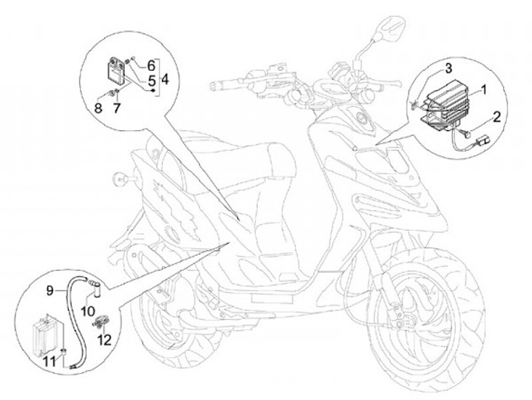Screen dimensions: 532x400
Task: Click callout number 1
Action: pyautogui.click(x=483, y=90)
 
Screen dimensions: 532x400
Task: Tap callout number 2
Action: pyautogui.click(x=497, y=118)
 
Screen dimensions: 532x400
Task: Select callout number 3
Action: pyautogui.click(x=449, y=68)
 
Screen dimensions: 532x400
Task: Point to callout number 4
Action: pyautogui.click(x=165, y=80)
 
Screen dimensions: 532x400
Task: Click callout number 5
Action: pyautogui.click(x=151, y=81)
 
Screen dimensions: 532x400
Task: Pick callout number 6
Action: pyautogui.click(x=151, y=65)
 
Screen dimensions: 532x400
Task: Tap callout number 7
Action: pyautogui.click(x=117, y=109)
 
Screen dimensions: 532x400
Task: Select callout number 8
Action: pyautogui.click(x=98, y=109)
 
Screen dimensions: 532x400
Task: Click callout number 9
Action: pyautogui.click(x=50, y=291)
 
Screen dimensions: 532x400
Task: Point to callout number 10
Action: pyautogui.click(x=89, y=310)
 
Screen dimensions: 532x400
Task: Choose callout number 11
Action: pyautogui.click(x=50, y=362)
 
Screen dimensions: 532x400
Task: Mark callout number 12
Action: pyautogui.click(x=104, y=339)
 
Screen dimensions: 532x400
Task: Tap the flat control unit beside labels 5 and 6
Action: pyautogui.click(x=115, y=70)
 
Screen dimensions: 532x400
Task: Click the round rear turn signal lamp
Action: pyautogui.click(x=120, y=178)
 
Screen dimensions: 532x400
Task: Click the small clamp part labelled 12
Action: pyautogui.click(x=100, y=321)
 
